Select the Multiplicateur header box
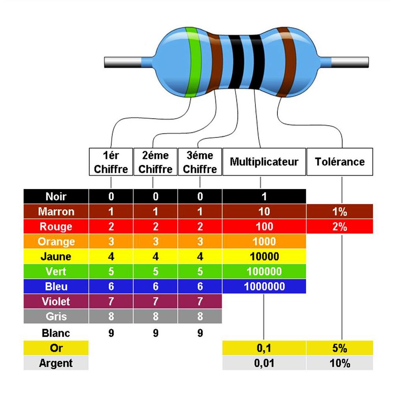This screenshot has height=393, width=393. [x=264, y=162]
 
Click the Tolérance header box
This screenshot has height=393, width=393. [x=340, y=162]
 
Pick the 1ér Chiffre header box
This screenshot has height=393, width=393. [x=111, y=162]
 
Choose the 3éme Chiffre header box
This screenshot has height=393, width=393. [x=200, y=162]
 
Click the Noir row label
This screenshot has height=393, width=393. [x=56, y=196]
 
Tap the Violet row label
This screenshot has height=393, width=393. [x=56, y=301]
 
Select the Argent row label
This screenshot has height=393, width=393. [x=56, y=363]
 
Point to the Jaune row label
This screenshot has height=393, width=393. [x=56, y=257]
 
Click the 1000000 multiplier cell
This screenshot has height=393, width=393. [x=264, y=286]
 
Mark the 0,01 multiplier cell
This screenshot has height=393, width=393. [x=264, y=363]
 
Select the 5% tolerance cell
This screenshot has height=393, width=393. [x=340, y=348]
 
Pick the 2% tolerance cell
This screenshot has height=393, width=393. [x=340, y=227]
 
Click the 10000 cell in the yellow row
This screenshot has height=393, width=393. [x=264, y=257]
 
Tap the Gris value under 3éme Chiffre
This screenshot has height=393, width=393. [x=200, y=316]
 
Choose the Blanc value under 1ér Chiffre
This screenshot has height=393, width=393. [x=111, y=333]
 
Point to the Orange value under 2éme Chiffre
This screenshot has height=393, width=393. [x=156, y=241]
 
